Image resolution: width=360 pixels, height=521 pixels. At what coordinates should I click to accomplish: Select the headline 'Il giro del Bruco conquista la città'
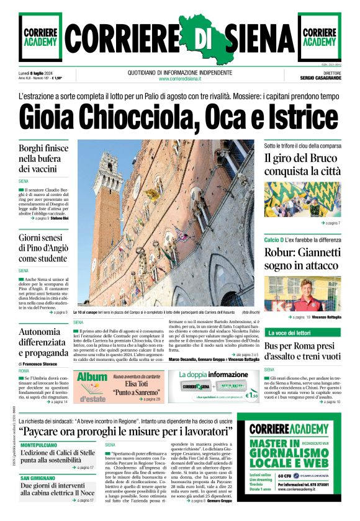pyautogui.click(x=302, y=164)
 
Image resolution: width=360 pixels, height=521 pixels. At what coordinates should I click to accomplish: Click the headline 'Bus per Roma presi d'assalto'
pyautogui.click(x=302, y=350)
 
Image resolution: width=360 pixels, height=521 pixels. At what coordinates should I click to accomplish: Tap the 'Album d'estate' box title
pyautogui.click(x=92, y=384)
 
